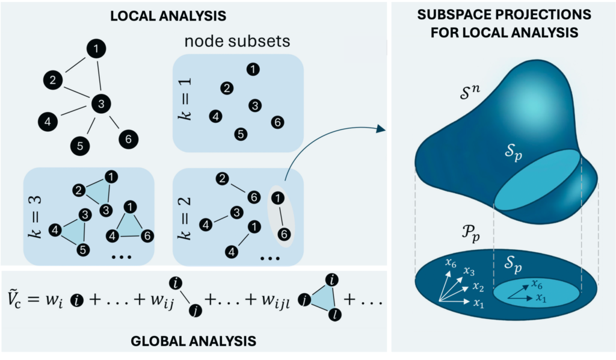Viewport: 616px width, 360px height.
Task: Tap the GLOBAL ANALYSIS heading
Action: pyautogui.click(x=193, y=341)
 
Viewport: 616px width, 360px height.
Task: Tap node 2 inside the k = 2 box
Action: pyautogui.click(x=222, y=178)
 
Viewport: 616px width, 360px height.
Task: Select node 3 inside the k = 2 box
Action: pyautogui.click(x=236, y=212)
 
